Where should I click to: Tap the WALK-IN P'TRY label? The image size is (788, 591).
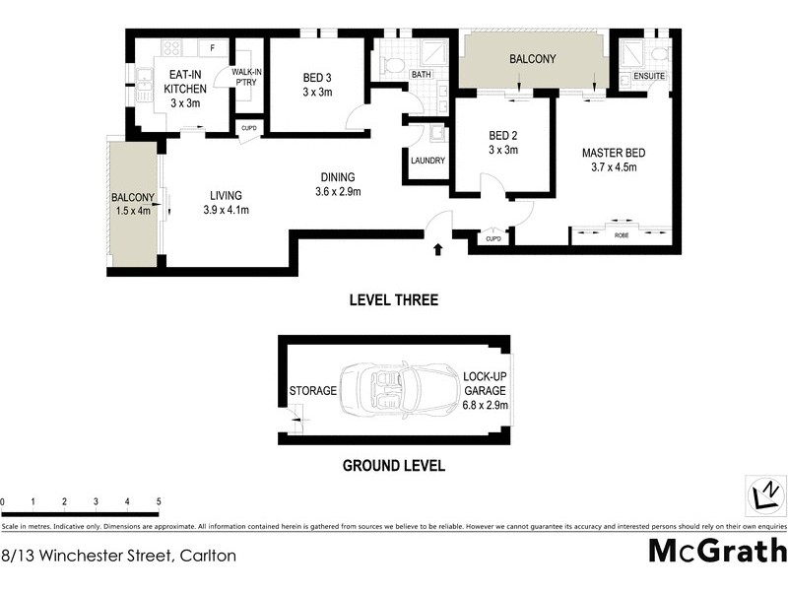[x=246, y=78]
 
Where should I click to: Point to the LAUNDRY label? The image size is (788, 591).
[x=428, y=161]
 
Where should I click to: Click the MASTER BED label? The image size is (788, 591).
[x=614, y=153]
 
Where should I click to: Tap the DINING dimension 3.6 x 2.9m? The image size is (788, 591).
[x=338, y=191]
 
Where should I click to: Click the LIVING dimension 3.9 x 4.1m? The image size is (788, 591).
[x=226, y=210]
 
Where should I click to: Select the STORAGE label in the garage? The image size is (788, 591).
[x=313, y=391]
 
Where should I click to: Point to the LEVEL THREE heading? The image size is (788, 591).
[x=394, y=300]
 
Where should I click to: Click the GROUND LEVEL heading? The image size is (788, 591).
[x=393, y=466]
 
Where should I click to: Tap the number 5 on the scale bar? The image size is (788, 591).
[x=159, y=502]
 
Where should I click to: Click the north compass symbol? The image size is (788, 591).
[x=764, y=492]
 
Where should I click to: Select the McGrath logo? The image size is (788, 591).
[x=717, y=553]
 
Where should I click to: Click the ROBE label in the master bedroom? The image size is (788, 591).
[x=621, y=235]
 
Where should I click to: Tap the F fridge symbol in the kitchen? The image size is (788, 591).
[x=213, y=46]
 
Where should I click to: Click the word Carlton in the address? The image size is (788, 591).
[x=206, y=556]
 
